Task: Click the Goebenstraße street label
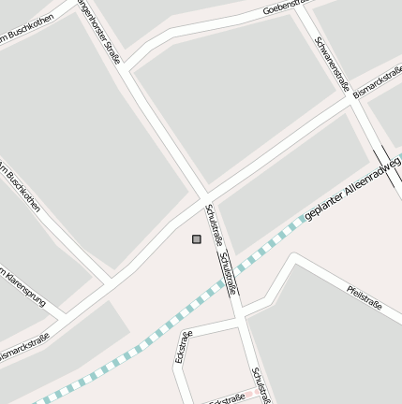click(x=286, y=7)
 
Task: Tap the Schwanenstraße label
click(x=332, y=63)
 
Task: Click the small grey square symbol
click(x=197, y=239)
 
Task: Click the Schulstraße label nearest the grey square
click(x=214, y=224)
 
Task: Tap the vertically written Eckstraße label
click(x=184, y=346)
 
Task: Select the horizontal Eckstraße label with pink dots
click(x=227, y=398)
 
